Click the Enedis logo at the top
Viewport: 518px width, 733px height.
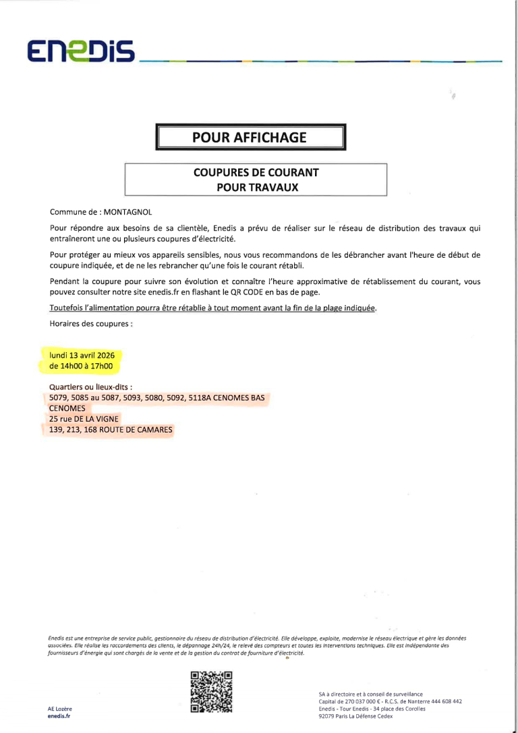pos(81,51)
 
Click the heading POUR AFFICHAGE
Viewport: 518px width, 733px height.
pos(250,138)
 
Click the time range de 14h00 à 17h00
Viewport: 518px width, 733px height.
pos(80,367)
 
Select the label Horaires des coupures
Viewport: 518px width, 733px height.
pos(91,324)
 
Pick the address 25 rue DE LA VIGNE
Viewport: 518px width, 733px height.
pos(84,419)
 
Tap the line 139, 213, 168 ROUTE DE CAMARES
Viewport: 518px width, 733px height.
pos(111,430)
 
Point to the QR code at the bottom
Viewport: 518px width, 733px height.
pos(211,692)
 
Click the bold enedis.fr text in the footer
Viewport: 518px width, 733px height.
pos(59,716)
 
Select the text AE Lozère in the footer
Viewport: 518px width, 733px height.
pos(60,709)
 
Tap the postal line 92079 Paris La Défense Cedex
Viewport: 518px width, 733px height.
pos(355,716)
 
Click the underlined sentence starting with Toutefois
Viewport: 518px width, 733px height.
pos(213,308)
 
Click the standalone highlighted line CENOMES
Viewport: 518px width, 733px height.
pos(67,408)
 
